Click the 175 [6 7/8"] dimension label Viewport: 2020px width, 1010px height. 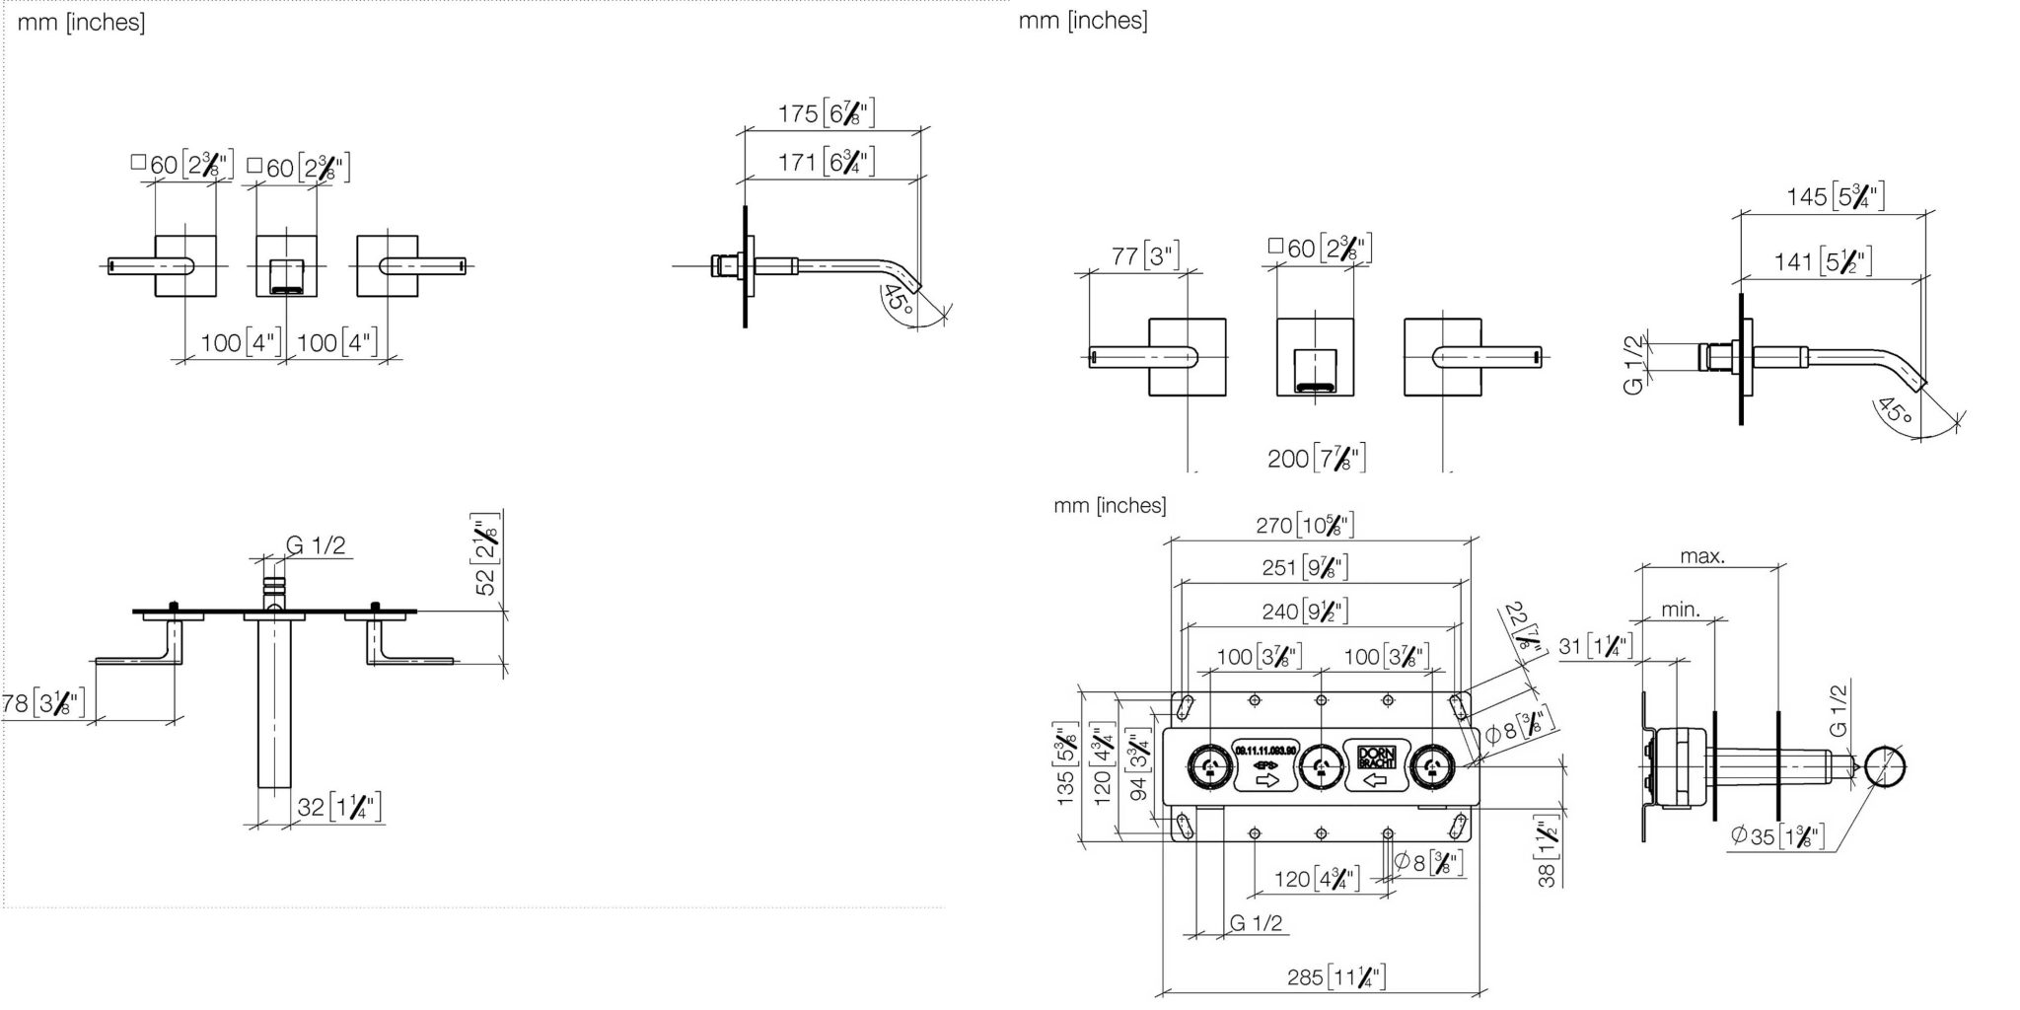pyautogui.click(x=826, y=113)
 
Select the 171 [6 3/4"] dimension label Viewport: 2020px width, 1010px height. pyautogui.click(x=826, y=162)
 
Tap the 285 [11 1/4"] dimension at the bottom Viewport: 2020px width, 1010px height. pyautogui.click(x=1336, y=976)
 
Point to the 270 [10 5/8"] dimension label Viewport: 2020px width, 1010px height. pyautogui.click(x=1304, y=526)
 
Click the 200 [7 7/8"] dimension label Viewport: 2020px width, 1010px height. pyautogui.click(x=1316, y=458)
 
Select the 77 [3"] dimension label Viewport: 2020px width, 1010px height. pyautogui.click(x=1144, y=256)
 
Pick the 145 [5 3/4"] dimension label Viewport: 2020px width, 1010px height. pyautogui.click(x=1835, y=196)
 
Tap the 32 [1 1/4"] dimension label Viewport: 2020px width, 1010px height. pyautogui.click(x=338, y=808)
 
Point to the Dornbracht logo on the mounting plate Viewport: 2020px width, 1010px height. pyautogui.click(x=1375, y=757)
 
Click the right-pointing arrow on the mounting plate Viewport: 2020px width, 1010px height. pyautogui.click(x=1266, y=780)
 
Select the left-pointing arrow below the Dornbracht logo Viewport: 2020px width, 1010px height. pyautogui.click(x=1374, y=780)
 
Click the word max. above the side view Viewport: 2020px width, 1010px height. pyautogui.click(x=1702, y=556)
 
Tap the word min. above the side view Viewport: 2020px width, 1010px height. pyautogui.click(x=1681, y=610)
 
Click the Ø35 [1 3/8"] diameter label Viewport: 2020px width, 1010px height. pyautogui.click(x=1776, y=837)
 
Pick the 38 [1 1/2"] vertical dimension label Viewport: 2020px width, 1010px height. pyautogui.click(x=1547, y=850)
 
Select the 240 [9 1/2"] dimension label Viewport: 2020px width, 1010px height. pyautogui.click(x=1304, y=612)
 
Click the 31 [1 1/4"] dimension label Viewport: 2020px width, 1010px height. pyautogui.click(x=1595, y=646)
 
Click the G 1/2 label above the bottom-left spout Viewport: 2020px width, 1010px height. pyautogui.click(x=316, y=545)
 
